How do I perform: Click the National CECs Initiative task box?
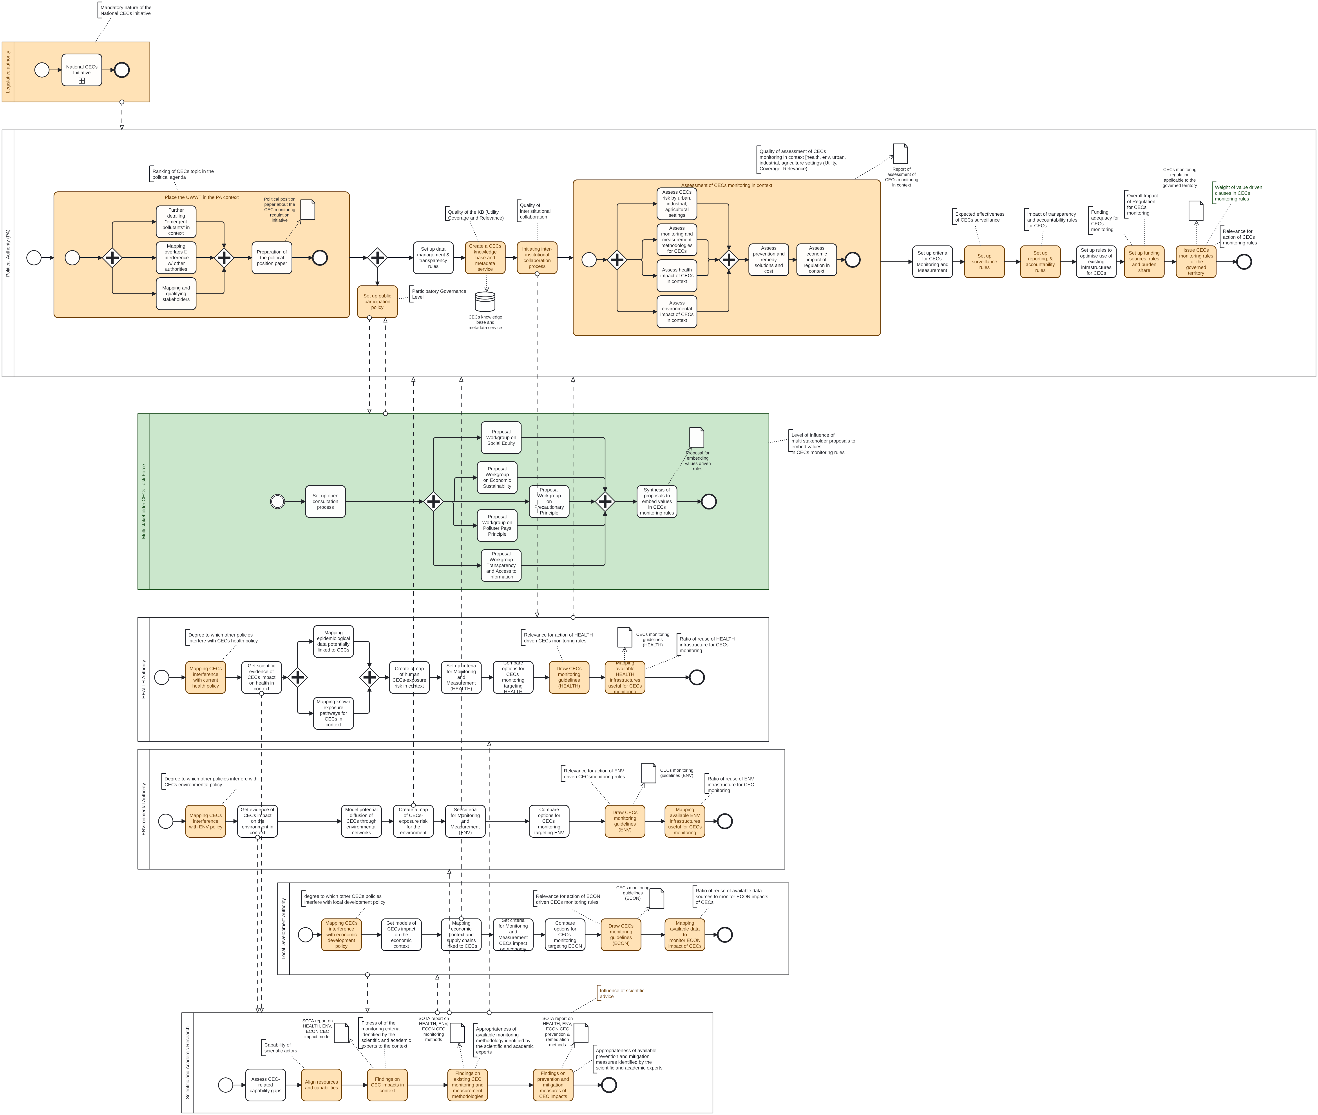(x=81, y=70)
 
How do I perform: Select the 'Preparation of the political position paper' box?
(x=272, y=258)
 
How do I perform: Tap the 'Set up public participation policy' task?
(x=377, y=302)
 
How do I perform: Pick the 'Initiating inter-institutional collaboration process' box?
(x=537, y=258)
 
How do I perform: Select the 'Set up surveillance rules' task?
(x=984, y=262)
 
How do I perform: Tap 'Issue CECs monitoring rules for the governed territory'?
(x=1196, y=262)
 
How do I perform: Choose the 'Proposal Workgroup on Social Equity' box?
(x=501, y=437)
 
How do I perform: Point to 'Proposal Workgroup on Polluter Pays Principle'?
(x=497, y=525)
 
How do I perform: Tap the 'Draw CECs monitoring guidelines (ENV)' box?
(x=625, y=821)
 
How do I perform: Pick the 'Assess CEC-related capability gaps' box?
(x=265, y=1085)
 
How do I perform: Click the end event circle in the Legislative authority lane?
(x=122, y=70)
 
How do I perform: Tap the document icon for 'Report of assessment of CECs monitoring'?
(x=900, y=154)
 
